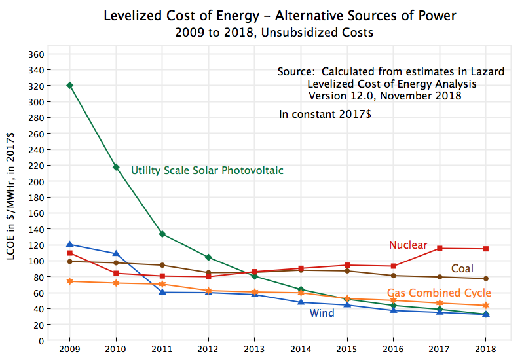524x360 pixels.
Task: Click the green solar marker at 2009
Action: click(69, 85)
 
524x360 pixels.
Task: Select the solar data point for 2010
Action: click(116, 167)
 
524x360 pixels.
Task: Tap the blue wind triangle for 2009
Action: click(69, 244)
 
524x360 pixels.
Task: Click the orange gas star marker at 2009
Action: click(69, 281)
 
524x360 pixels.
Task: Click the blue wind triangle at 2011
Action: click(162, 292)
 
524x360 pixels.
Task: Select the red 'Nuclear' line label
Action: click(408, 245)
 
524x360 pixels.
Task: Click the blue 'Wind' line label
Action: click(322, 314)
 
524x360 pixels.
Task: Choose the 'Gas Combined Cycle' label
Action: click(439, 293)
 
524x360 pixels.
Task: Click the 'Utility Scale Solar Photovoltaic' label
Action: click(207, 171)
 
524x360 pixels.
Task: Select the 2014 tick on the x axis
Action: click(301, 350)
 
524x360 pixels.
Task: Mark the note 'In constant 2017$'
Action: click(326, 114)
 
